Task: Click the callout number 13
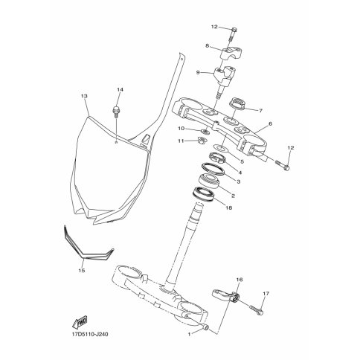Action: tap(84, 96)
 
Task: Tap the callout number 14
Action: tap(120, 89)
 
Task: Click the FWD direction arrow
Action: tap(80, 322)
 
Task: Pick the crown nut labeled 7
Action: tap(238, 103)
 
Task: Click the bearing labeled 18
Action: tap(204, 193)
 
